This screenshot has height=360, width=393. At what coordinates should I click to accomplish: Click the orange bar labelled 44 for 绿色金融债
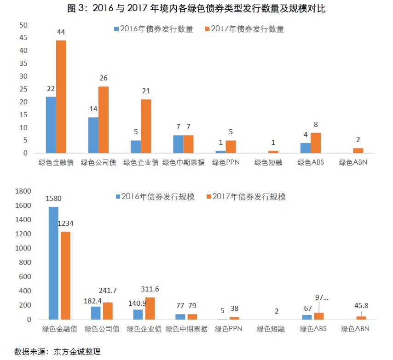click(61, 97)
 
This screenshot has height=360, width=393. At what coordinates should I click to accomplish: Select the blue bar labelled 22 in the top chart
click(51, 125)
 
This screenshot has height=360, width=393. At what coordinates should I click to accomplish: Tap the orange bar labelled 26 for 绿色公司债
click(104, 120)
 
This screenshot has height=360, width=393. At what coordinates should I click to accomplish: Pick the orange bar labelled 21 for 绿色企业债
click(146, 126)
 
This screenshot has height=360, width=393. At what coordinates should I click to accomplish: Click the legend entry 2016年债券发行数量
click(153, 29)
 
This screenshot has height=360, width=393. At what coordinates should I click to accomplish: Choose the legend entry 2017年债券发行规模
click(246, 197)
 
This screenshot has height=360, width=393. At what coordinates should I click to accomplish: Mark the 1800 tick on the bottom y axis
click(23, 191)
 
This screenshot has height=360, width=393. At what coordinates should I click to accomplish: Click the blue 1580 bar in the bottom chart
click(53, 263)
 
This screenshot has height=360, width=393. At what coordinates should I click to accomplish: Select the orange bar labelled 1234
click(65, 275)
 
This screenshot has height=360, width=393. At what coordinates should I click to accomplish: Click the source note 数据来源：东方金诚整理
click(58, 352)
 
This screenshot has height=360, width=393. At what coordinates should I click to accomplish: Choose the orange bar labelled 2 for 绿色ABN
click(358, 150)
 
